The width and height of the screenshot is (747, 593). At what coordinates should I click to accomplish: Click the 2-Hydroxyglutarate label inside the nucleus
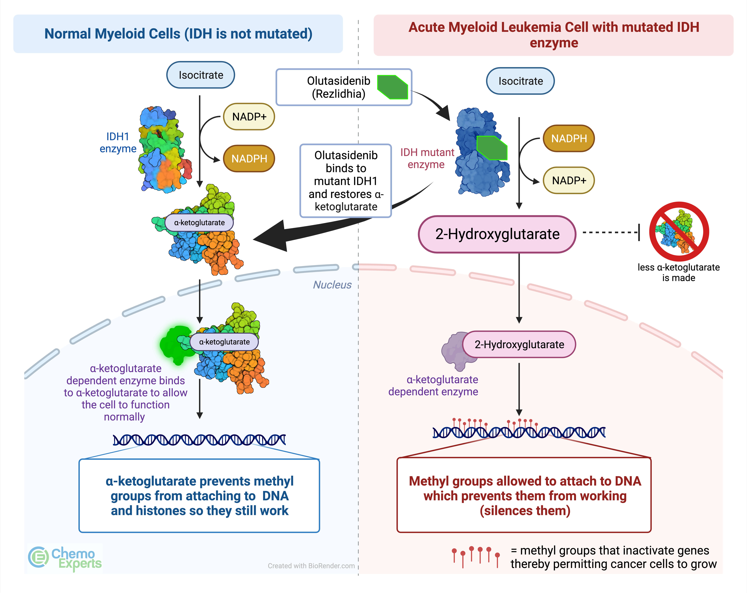519,344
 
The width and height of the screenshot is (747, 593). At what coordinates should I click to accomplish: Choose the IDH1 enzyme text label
118,143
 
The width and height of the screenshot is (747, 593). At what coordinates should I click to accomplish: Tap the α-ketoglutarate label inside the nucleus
224,342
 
